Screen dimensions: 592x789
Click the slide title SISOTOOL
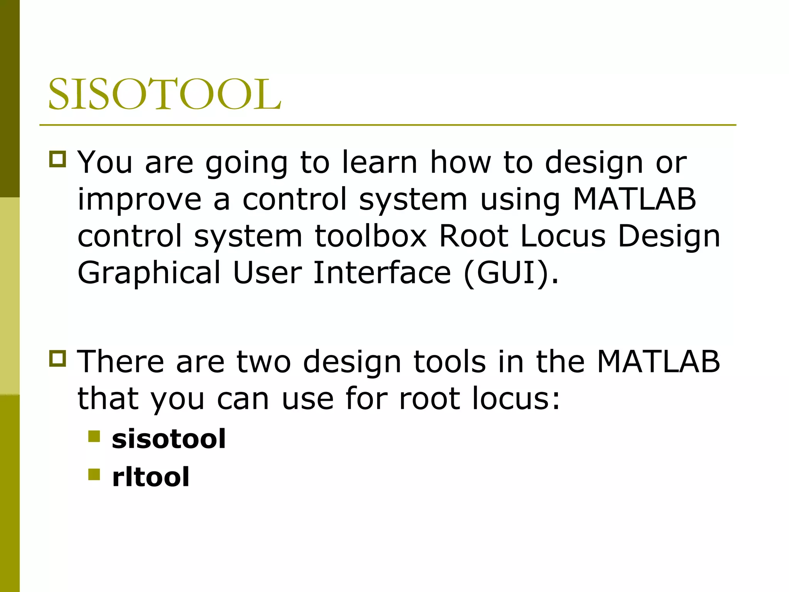click(x=165, y=94)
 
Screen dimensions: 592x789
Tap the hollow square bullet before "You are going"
click(x=58, y=159)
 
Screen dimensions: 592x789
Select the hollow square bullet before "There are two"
click(x=58, y=358)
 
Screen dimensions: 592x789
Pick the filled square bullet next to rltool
click(x=94, y=474)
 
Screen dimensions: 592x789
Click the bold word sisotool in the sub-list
click(x=168, y=439)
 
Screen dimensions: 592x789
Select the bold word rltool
click(x=150, y=477)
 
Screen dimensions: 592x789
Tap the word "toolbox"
click(x=371, y=236)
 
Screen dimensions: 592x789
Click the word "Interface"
click(x=382, y=272)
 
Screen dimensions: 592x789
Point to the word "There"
click(x=121, y=362)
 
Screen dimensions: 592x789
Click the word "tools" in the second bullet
click(x=449, y=362)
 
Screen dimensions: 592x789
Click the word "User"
click(x=267, y=272)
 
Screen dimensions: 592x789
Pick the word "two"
click(x=264, y=362)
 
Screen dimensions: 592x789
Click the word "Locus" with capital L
click(x=563, y=236)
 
